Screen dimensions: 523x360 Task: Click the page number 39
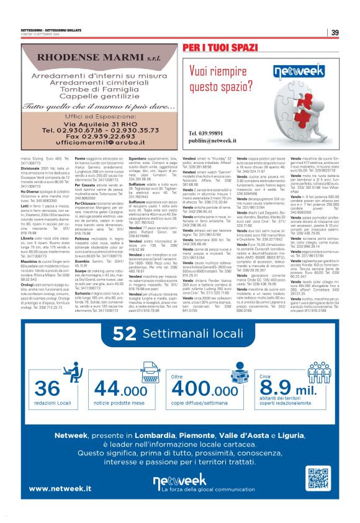point(335,33)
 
